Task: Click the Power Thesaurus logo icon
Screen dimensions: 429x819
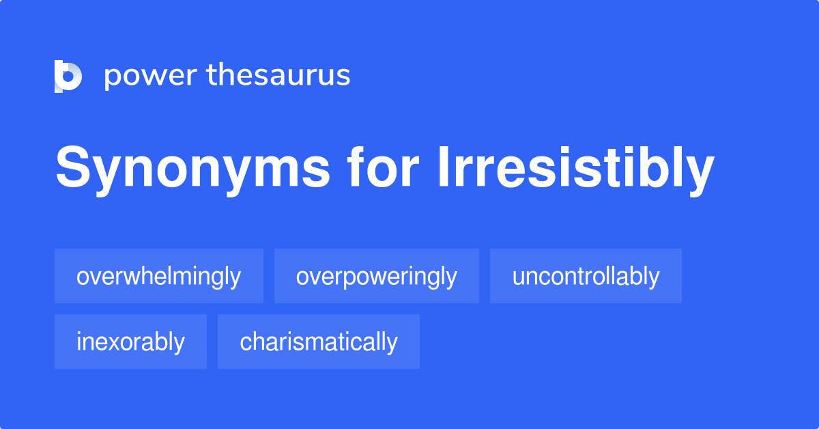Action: (x=68, y=76)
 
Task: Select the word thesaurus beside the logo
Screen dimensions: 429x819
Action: (x=279, y=76)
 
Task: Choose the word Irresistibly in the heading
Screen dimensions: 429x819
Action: (x=575, y=169)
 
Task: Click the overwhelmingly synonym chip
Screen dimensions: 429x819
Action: (x=158, y=276)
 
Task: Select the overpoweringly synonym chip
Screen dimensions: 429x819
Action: (x=376, y=276)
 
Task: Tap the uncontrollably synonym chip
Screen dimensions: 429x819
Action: (x=586, y=276)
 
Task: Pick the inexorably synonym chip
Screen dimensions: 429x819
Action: (x=130, y=342)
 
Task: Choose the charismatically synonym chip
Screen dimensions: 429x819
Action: (x=318, y=342)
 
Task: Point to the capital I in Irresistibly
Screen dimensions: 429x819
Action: (x=442, y=169)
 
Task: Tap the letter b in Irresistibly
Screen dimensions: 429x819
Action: (x=667, y=169)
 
